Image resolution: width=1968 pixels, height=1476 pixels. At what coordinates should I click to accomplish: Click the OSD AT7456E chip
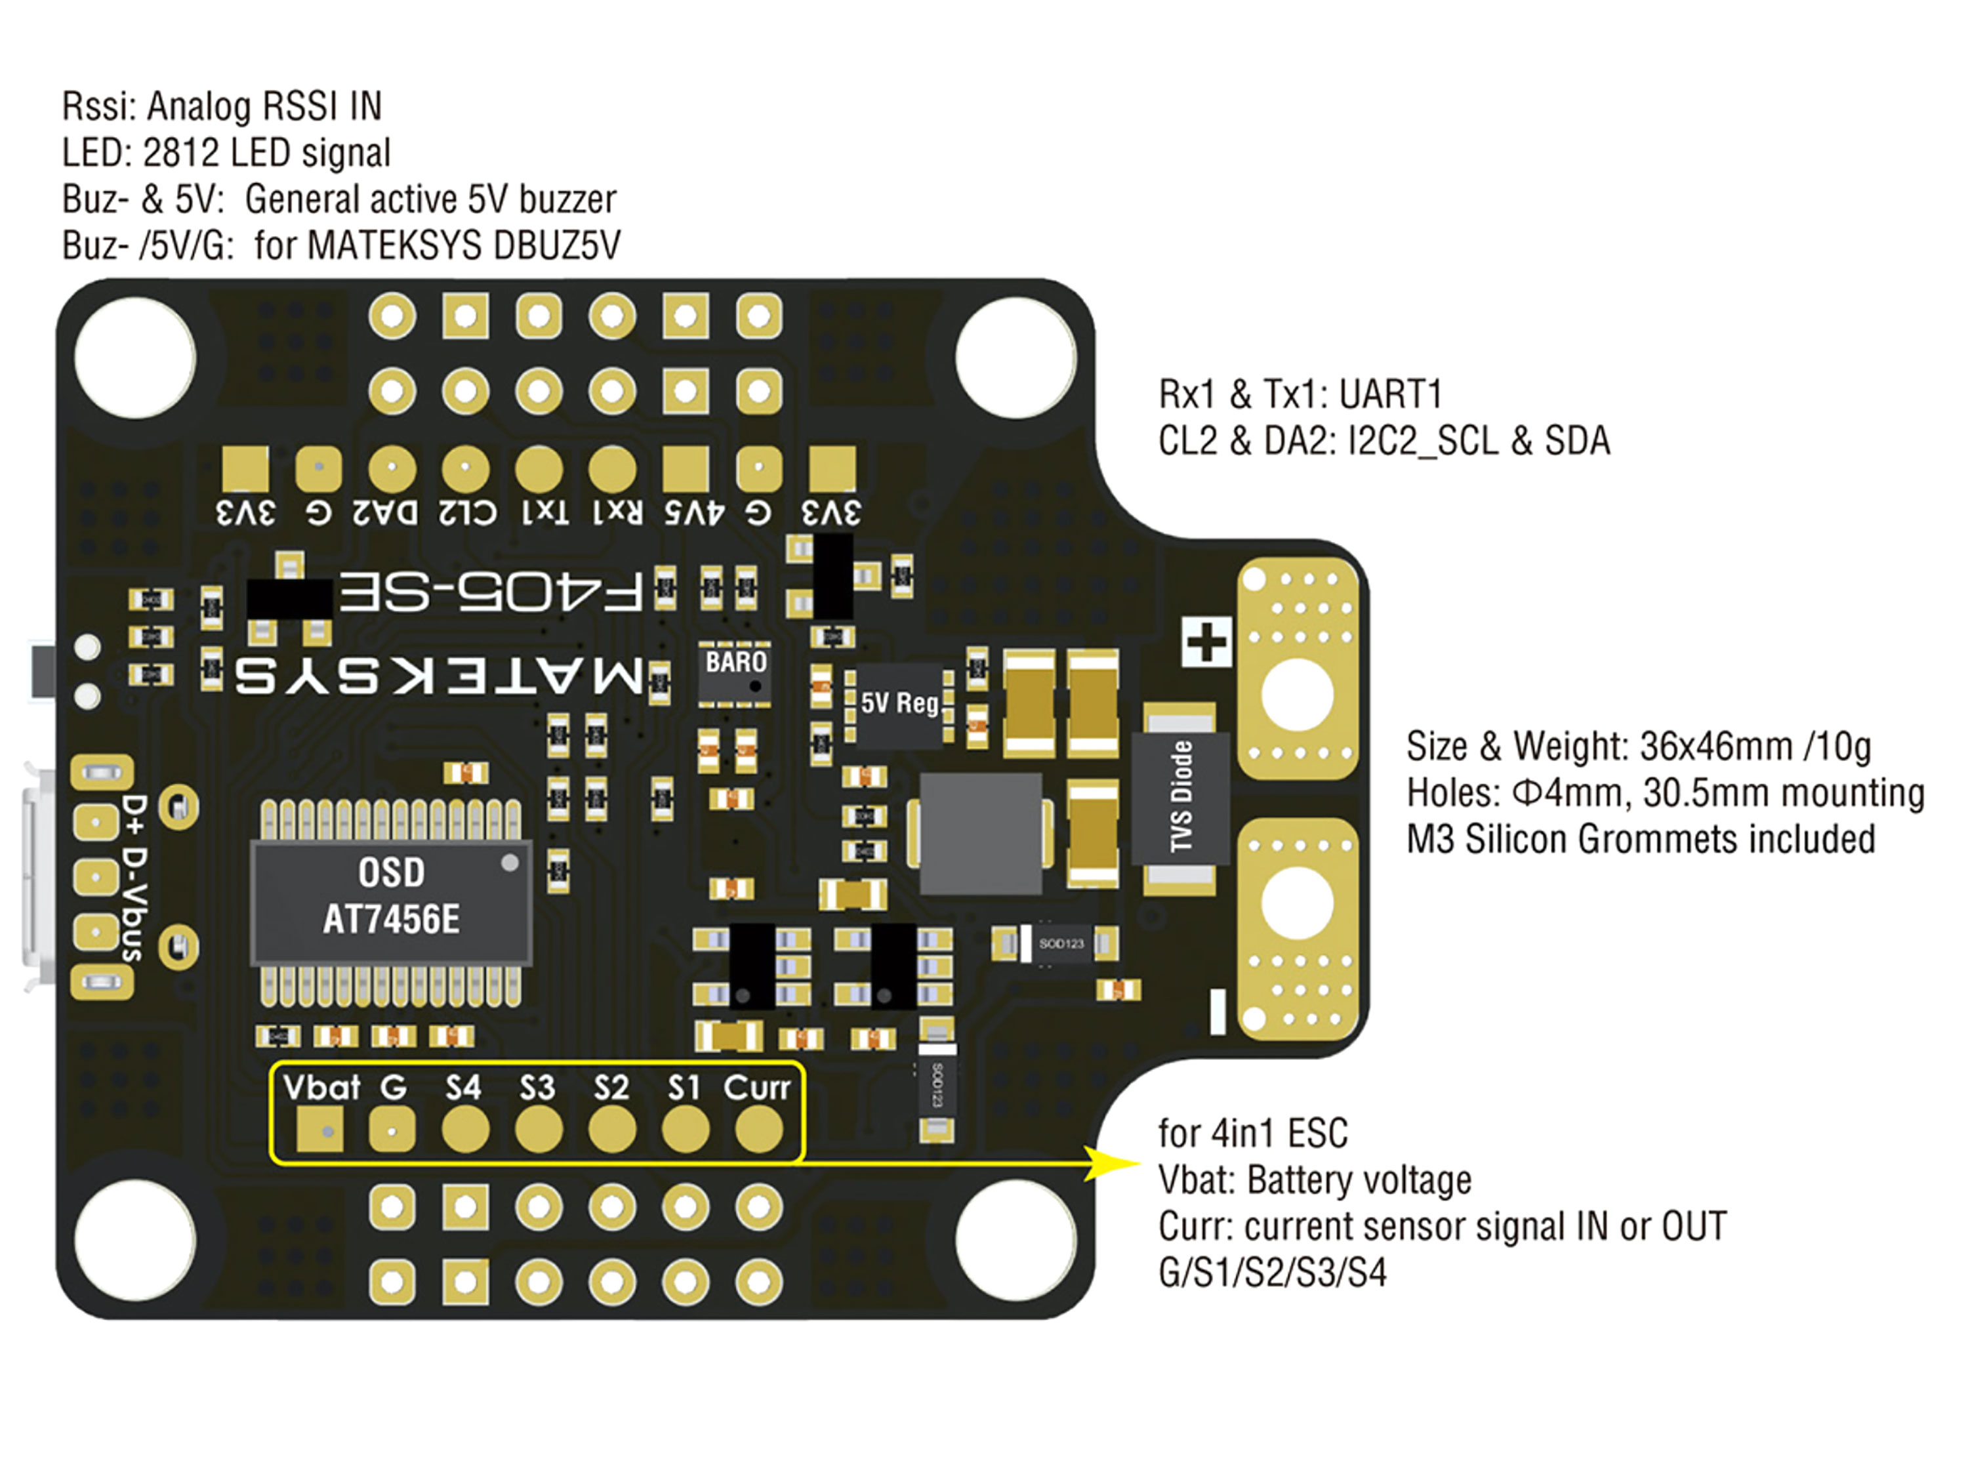click(x=392, y=901)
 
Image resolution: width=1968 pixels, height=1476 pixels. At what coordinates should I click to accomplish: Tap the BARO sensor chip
click(x=735, y=674)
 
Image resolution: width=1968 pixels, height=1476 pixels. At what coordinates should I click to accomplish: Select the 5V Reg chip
click(x=899, y=704)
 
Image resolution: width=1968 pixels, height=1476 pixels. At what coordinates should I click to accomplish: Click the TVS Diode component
click(x=1181, y=796)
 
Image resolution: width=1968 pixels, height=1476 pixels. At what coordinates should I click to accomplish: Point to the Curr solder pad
click(x=758, y=1131)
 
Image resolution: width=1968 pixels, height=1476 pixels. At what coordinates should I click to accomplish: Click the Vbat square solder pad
click(x=319, y=1131)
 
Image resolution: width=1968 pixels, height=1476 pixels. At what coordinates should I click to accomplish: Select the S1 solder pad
click(x=685, y=1131)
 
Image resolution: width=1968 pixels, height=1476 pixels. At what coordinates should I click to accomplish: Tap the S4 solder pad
click(x=465, y=1131)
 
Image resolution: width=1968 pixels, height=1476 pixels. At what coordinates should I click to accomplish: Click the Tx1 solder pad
click(x=539, y=469)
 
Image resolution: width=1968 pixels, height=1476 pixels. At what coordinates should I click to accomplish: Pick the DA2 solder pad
click(x=392, y=469)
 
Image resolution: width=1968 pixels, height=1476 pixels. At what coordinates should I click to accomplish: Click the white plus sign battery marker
click(x=1207, y=642)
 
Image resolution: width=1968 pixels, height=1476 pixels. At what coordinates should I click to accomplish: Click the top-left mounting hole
click(x=135, y=358)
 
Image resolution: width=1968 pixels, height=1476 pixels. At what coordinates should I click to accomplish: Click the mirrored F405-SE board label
click(x=490, y=592)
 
